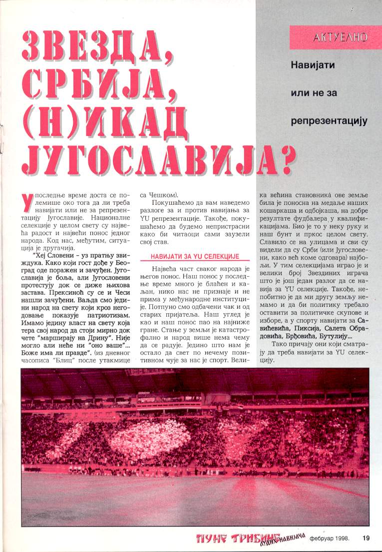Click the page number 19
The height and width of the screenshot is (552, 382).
(367, 538)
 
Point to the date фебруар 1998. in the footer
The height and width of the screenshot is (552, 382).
(328, 538)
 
